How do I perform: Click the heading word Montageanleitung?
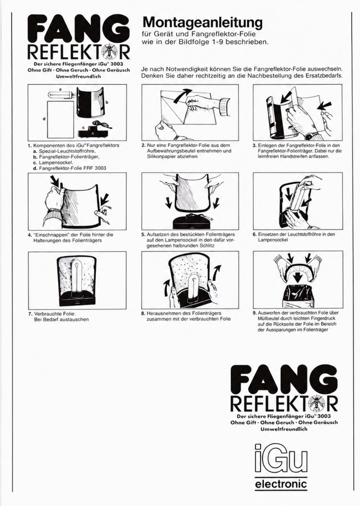coord(203,23)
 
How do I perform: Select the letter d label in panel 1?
coord(44,118)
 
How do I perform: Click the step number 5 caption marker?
coord(143,234)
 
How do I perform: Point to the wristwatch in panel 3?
coord(308,136)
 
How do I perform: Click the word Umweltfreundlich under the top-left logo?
coord(78,76)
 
